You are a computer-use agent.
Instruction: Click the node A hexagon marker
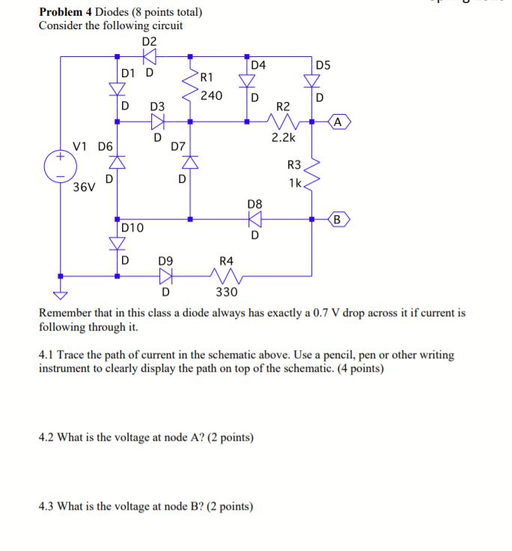pyautogui.click(x=338, y=121)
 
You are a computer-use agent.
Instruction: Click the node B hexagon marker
pyautogui.click(x=338, y=220)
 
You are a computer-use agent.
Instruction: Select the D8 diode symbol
pyautogui.click(x=255, y=220)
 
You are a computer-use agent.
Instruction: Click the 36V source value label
pyautogui.click(x=84, y=187)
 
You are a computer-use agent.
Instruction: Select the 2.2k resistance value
pyautogui.click(x=283, y=138)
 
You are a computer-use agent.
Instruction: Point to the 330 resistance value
pyautogui.click(x=226, y=292)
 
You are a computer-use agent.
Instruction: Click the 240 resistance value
pyautogui.click(x=211, y=95)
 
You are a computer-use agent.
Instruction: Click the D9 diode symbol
pyautogui.click(x=165, y=275)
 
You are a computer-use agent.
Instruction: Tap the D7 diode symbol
pyautogui.click(x=190, y=161)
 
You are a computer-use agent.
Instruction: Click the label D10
pyautogui.click(x=132, y=227)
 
